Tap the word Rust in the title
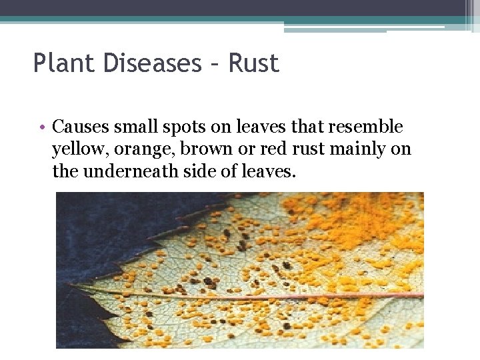pyautogui.click(x=254, y=63)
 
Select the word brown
pyautogui.click(x=207, y=149)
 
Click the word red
pyautogui.click(x=275, y=149)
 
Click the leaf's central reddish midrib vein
pyautogui.click(x=267, y=295)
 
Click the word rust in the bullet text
pyautogui.click(x=313, y=149)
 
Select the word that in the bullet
pyautogui.click(x=293, y=126)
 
